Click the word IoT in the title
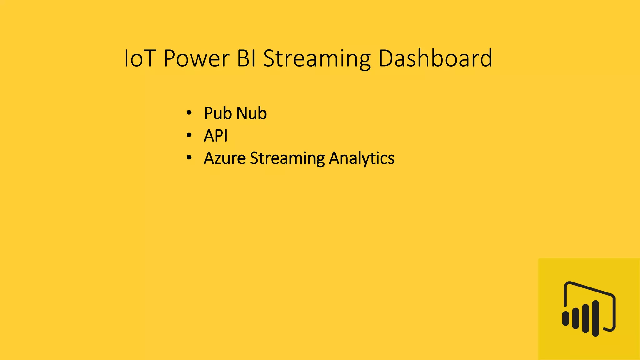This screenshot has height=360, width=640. click(x=140, y=58)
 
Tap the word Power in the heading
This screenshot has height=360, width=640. click(x=196, y=58)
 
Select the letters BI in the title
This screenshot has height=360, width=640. click(x=247, y=58)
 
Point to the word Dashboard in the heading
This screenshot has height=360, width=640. click(x=435, y=58)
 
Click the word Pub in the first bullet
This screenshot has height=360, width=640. click(x=217, y=113)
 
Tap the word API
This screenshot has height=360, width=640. click(x=215, y=136)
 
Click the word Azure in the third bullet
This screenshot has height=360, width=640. click(x=224, y=158)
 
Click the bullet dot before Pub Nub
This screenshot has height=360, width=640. click(x=189, y=113)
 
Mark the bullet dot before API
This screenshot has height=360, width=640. click(x=189, y=135)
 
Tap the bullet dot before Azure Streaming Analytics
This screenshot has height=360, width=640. click(x=189, y=158)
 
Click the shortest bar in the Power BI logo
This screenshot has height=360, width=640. click(x=566, y=318)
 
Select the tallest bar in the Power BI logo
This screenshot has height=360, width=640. click(x=596, y=318)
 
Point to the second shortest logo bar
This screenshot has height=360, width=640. click(x=576, y=318)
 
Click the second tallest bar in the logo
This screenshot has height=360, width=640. click(x=586, y=318)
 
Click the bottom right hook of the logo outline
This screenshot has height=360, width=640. click(x=611, y=328)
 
